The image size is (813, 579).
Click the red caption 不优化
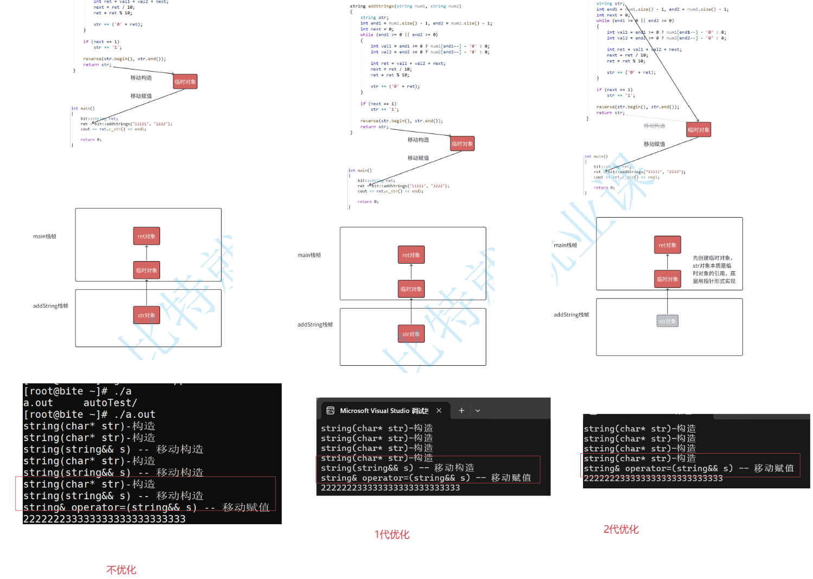click(x=121, y=570)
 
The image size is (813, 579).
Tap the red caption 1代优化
click(x=392, y=535)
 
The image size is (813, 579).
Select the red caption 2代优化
click(x=621, y=529)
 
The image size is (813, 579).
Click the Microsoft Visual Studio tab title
click(x=384, y=411)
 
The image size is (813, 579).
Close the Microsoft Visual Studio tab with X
click(x=439, y=411)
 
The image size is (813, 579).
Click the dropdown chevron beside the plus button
click(x=478, y=411)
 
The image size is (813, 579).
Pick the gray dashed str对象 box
click(x=667, y=321)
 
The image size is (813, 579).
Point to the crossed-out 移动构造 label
click(x=654, y=126)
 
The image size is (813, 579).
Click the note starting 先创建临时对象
click(x=714, y=270)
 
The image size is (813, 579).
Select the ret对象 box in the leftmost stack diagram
click(x=146, y=236)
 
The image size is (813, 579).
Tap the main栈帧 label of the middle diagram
click(x=309, y=255)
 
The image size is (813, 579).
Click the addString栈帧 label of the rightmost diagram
click(x=571, y=315)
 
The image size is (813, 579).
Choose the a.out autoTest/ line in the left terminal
click(x=80, y=403)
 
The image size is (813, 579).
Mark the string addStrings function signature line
click(x=406, y=6)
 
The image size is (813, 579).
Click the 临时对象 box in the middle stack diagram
click(x=411, y=289)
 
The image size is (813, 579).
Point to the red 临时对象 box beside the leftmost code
click(x=185, y=82)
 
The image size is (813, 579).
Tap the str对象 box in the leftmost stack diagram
click(x=146, y=315)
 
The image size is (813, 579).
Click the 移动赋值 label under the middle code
click(x=418, y=158)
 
